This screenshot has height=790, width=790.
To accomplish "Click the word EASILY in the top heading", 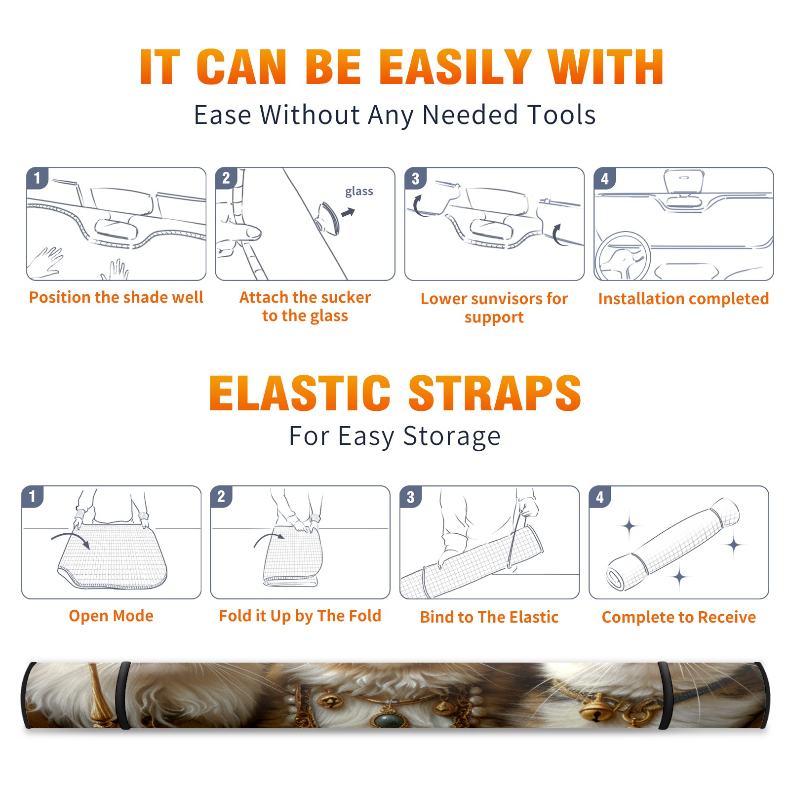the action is pyautogui.click(x=455, y=67).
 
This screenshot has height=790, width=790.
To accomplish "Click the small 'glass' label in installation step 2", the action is pyautogui.click(x=359, y=192).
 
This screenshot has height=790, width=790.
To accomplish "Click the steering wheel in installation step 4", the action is pyautogui.click(x=622, y=257).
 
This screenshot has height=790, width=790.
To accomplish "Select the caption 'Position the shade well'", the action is pyautogui.click(x=116, y=297).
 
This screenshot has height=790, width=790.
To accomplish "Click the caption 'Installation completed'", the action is pyautogui.click(x=683, y=299).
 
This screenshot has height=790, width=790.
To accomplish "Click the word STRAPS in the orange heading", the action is pyautogui.click(x=495, y=393).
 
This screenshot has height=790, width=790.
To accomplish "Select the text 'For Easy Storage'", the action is pyautogui.click(x=395, y=436).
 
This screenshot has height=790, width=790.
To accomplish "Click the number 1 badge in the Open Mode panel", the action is pyautogui.click(x=33, y=496).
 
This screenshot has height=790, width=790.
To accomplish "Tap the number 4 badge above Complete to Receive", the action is pyautogui.click(x=600, y=496).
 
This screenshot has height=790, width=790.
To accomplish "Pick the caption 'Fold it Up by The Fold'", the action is pyautogui.click(x=300, y=616).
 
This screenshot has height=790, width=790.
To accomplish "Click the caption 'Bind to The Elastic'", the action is pyautogui.click(x=489, y=617).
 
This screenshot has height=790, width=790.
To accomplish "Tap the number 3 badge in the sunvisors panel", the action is pyautogui.click(x=415, y=178).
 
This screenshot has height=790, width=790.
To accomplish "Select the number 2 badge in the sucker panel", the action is pyautogui.click(x=226, y=178).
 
